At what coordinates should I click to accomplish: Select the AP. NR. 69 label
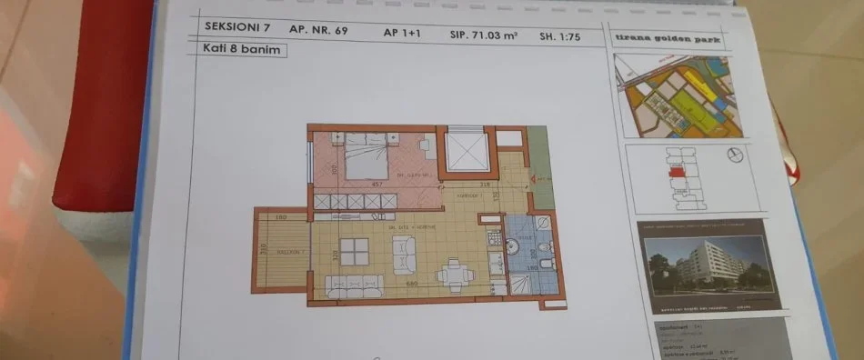pos(319,30)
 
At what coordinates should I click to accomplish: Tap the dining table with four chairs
pos(451,272)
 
